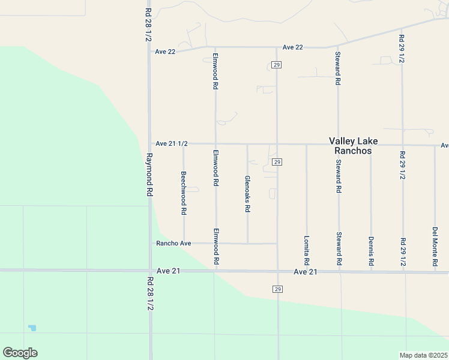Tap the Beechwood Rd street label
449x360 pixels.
[184, 194]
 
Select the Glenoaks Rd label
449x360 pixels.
[247, 194]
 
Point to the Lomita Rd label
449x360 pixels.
[306, 251]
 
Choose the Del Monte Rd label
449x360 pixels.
[435, 247]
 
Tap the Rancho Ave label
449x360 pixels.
[173, 244]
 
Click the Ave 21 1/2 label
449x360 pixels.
[172, 144]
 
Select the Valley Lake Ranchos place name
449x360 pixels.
[354, 146]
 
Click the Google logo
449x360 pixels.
[20, 353]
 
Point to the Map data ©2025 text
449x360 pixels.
[424, 355]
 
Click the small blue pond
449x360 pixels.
[32, 328]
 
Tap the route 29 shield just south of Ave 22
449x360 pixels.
[276, 65]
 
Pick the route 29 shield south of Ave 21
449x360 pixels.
[277, 289]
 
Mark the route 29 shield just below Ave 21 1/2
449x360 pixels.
[277, 163]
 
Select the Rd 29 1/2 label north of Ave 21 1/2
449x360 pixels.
[402, 49]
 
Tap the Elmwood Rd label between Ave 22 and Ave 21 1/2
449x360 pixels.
[215, 72]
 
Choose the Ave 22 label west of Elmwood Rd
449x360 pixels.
[165, 52]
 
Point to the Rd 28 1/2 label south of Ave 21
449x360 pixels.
[149, 293]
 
